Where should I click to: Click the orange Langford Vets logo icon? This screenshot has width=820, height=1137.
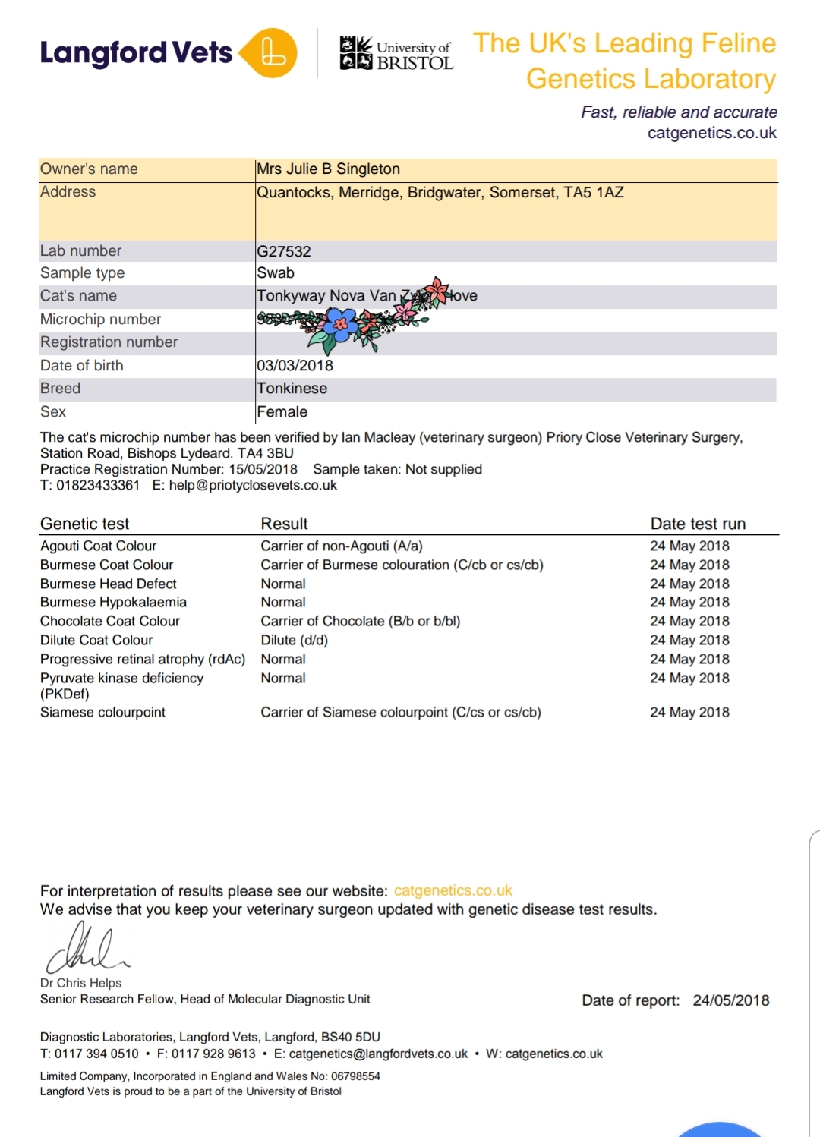[271, 52]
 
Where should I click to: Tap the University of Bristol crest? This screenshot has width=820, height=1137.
[355, 52]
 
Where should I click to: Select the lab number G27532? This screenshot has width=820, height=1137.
[284, 251]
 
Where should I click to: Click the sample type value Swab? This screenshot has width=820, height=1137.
[276, 273]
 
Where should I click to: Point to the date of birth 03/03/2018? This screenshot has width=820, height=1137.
[295, 366]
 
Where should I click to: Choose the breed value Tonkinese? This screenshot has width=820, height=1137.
[292, 389]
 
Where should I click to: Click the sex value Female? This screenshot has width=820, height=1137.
[282, 412]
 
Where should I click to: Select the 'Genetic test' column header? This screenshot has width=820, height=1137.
[84, 524]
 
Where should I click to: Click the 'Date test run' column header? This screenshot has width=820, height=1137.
[698, 524]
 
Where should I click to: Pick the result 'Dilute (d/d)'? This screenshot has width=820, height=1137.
[295, 641]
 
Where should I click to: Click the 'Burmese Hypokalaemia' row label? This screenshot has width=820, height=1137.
[113, 603]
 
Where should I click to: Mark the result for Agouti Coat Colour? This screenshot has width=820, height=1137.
[342, 546]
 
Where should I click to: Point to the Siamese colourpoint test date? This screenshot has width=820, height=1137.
[689, 713]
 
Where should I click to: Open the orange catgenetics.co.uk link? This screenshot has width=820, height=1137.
[453, 891]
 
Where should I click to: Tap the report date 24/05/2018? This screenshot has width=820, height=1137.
[730, 1001]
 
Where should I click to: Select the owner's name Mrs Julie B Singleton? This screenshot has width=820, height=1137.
[328, 169]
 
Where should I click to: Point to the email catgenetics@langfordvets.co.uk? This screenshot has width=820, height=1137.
[378, 1054]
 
